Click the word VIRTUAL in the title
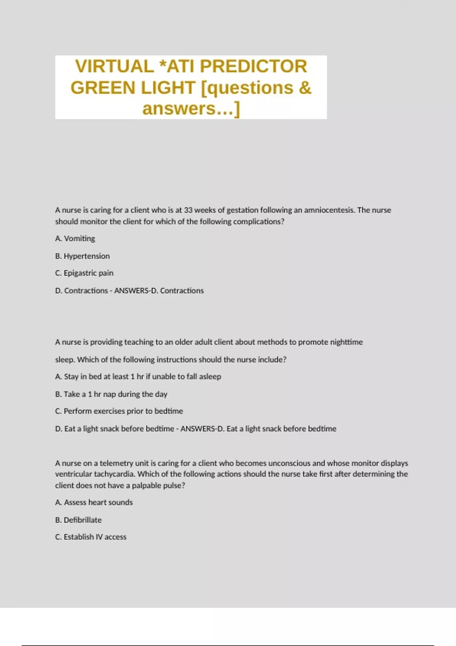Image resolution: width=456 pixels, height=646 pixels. coord(114,66)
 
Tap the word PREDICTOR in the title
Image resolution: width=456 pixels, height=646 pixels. coord(253,66)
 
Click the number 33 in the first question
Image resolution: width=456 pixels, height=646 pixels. coord(188,210)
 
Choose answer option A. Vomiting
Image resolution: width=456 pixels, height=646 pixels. coord(75,239)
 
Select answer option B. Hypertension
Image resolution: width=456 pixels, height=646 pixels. coord(82,256)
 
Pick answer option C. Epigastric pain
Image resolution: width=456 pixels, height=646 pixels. coord(84,273)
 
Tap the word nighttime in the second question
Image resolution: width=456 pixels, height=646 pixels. coord(346,342)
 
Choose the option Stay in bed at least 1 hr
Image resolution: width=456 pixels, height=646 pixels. coord(138,377)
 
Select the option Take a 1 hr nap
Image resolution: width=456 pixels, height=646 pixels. coord(111,394)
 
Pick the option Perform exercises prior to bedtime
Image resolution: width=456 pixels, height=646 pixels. coord(119,411)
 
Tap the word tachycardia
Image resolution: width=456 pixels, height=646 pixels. coord(114,474)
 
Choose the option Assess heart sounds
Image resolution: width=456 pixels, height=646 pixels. coord(94,502)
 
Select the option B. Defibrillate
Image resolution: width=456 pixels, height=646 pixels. coord(78,520)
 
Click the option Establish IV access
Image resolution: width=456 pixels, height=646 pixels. coord(91,537)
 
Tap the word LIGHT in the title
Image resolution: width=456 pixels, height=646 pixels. coord(168,88)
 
